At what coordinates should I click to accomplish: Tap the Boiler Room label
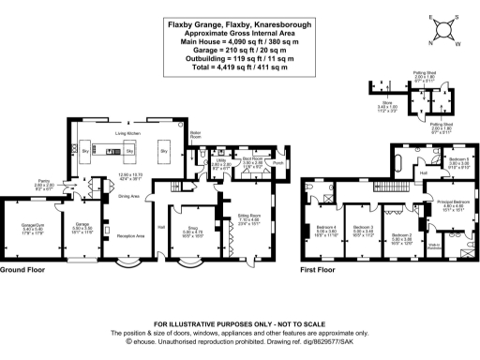[197, 134]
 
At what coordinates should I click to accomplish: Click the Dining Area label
[128, 196]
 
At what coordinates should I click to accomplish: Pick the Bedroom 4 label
[326, 228]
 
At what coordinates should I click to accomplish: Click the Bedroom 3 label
[364, 228]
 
